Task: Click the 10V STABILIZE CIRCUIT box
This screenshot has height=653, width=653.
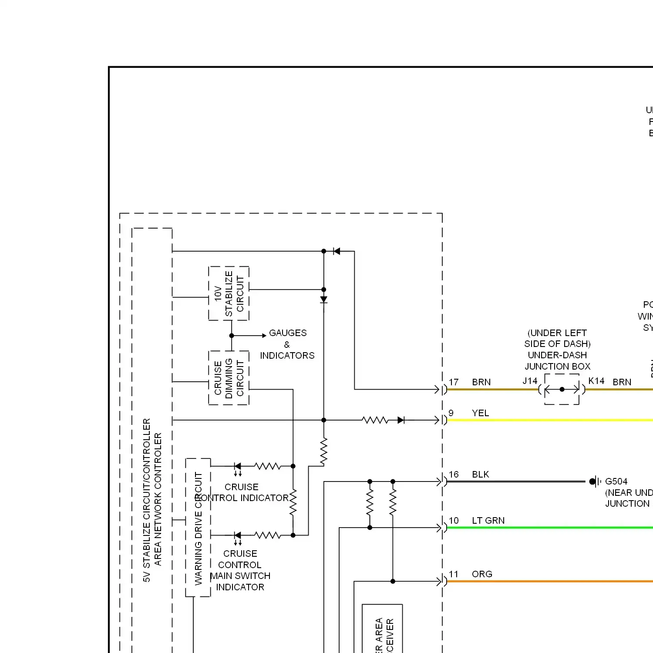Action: pos(229,293)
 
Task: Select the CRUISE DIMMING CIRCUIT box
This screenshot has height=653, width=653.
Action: pos(229,377)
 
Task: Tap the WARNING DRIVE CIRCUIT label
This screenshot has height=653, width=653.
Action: pos(199,528)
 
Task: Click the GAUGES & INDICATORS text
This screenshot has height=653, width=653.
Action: pos(287,344)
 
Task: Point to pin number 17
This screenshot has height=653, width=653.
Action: pos(454,382)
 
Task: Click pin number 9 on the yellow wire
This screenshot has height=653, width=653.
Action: pos(451,413)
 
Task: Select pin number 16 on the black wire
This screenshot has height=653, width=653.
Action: pos(454,475)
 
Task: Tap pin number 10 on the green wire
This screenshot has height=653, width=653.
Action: pos(454,521)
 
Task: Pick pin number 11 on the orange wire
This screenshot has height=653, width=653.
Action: pos(454,574)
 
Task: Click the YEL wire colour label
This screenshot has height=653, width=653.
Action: pos(480,413)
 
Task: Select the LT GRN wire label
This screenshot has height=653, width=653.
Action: pos(488,521)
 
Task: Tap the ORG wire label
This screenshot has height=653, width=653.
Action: pos(482,574)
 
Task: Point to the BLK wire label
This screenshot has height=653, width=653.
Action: pos(481,475)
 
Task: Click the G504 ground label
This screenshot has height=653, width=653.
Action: pos(616,481)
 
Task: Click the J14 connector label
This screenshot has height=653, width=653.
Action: pos(530,381)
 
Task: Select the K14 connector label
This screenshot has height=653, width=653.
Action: pos(596,381)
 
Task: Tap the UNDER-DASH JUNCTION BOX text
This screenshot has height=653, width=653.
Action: pos(558,361)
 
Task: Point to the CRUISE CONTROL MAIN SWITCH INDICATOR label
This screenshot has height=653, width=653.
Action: pos(240,570)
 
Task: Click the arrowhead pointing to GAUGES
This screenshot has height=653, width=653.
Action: pos(264,336)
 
